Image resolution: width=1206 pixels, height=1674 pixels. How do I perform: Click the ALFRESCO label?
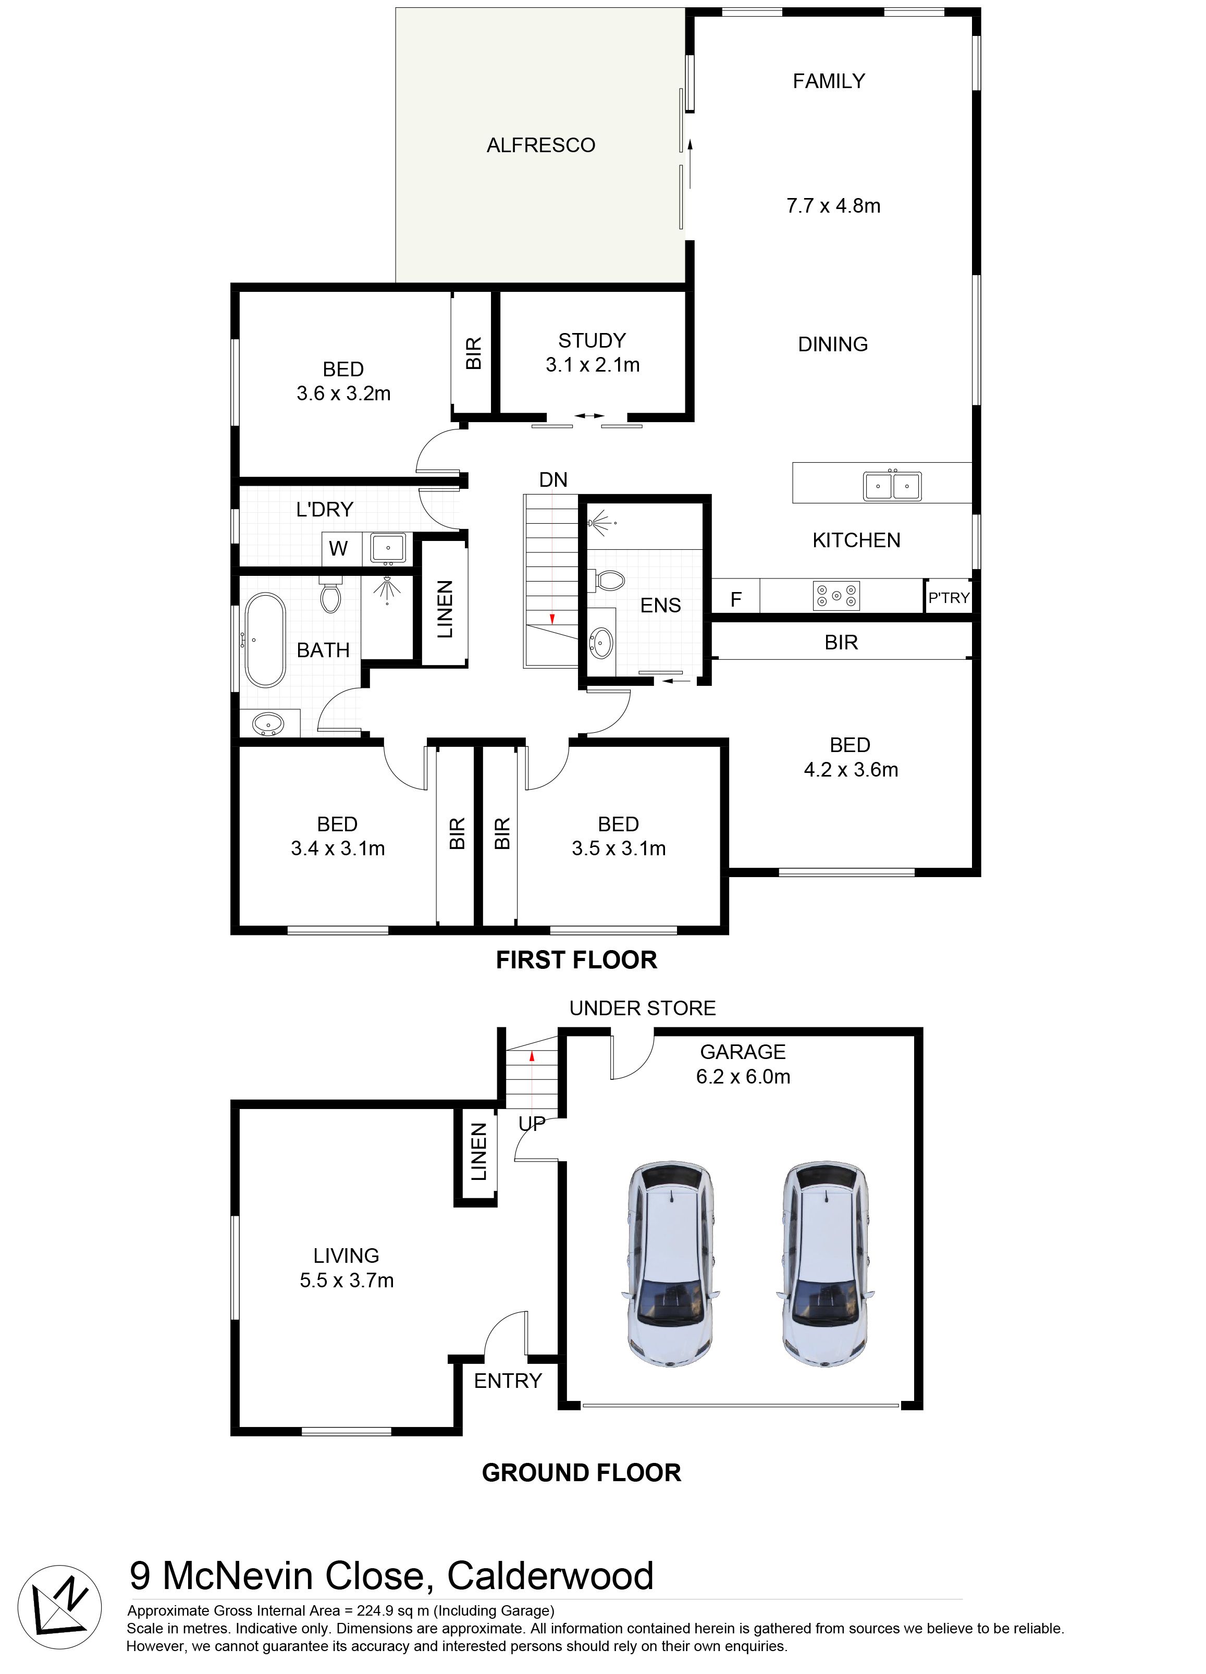(540, 145)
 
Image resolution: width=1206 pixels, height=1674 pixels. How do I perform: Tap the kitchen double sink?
(892, 486)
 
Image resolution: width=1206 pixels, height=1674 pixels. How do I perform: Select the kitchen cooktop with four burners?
(836, 596)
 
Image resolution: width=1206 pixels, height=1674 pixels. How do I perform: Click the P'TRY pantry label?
(949, 597)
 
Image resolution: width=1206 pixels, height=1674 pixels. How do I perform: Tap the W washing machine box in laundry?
(338, 548)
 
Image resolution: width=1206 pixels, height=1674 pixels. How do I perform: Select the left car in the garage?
(670, 1264)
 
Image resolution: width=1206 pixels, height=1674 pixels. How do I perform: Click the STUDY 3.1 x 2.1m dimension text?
(593, 365)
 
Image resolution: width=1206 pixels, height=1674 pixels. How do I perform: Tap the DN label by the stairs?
(553, 480)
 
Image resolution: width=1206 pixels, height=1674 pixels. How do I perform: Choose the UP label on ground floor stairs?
(532, 1123)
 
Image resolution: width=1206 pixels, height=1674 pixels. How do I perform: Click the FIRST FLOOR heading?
(576, 959)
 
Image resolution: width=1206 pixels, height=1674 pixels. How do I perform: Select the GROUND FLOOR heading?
(582, 1472)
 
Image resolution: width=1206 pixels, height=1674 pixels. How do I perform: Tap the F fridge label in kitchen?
(736, 599)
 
